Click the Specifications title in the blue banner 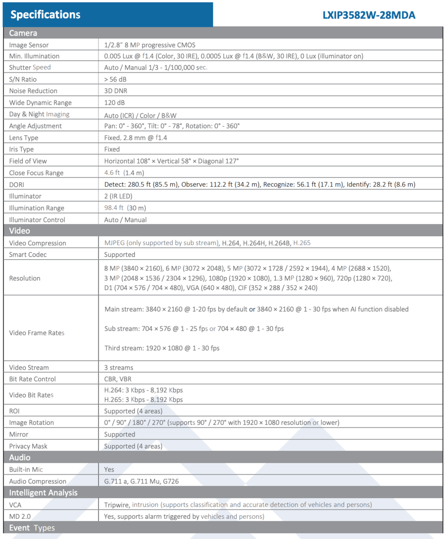tap(45, 15)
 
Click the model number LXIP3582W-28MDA tap(368, 15)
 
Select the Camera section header tap(23, 33)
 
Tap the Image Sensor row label tap(29, 45)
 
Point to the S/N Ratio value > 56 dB tap(115, 80)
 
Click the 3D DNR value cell tap(115, 91)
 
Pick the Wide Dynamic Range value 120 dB tap(115, 103)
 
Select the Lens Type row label tap(24, 138)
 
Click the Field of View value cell tap(172, 161)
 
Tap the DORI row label tap(17, 185)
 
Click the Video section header tap(20, 231)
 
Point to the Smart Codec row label tap(28, 255)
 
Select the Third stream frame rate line tap(162, 348)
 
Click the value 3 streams tap(119, 367)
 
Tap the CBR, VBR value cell tap(118, 379)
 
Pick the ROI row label tap(14, 411)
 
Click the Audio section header tap(20, 457)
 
